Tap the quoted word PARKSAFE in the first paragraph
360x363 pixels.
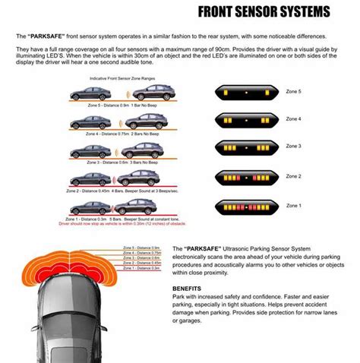[x=50, y=36]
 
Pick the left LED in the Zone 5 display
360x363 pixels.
[x=224, y=91]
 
